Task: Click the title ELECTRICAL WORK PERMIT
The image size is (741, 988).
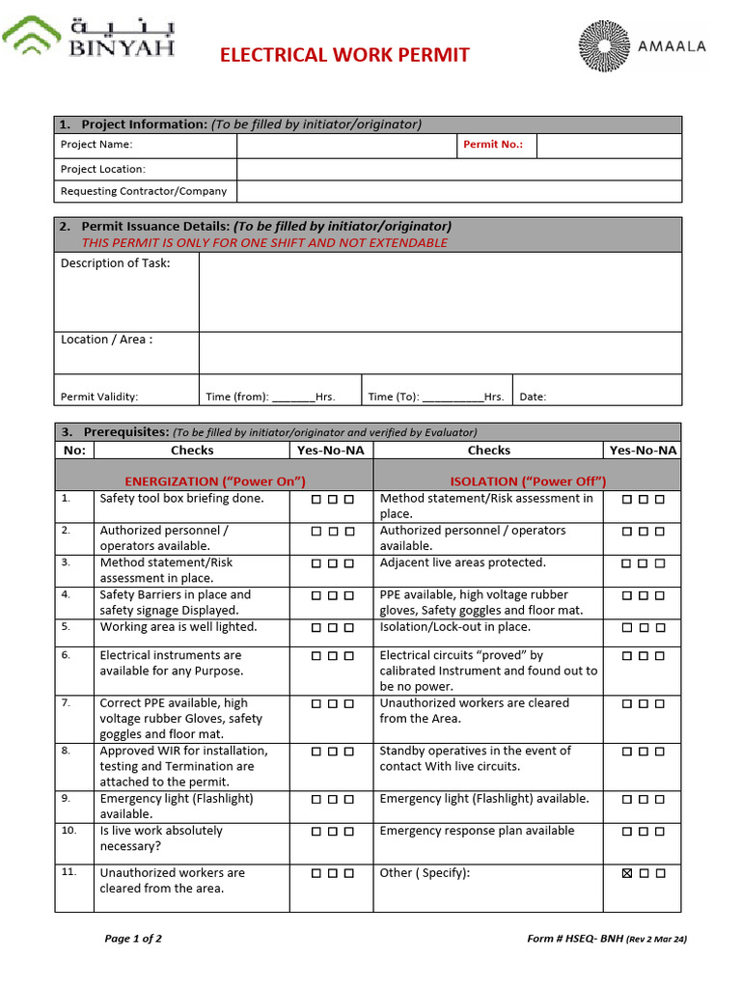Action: pyautogui.click(x=344, y=55)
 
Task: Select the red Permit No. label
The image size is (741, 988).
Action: pyautogui.click(x=493, y=145)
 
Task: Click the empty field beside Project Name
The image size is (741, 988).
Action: pyautogui.click(x=346, y=145)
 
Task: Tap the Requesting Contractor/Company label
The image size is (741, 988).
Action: pyautogui.click(x=144, y=191)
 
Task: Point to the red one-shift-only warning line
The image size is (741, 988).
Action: pyautogui.click(x=264, y=242)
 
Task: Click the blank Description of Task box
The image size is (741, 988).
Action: pyautogui.click(x=439, y=291)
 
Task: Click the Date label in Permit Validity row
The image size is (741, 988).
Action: pyautogui.click(x=533, y=397)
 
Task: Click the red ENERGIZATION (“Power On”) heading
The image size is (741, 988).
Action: pyautogui.click(x=215, y=481)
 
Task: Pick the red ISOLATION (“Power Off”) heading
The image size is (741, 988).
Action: pyautogui.click(x=528, y=481)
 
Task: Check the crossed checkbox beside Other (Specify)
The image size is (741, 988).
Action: pyautogui.click(x=628, y=873)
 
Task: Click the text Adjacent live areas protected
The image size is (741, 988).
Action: pyautogui.click(x=462, y=563)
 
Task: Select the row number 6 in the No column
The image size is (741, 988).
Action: pyautogui.click(x=66, y=655)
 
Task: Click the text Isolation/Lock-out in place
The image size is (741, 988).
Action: pyautogui.click(x=454, y=627)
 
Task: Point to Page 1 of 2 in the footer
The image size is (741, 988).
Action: pyautogui.click(x=133, y=939)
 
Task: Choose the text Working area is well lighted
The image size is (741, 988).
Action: pyautogui.click(x=178, y=627)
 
